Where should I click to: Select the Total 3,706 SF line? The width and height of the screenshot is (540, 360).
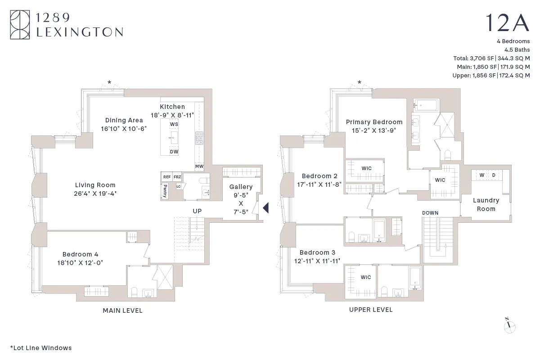[x=491, y=58]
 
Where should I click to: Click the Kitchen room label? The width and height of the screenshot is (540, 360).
[x=172, y=107]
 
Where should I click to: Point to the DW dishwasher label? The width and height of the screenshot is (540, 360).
[x=174, y=152]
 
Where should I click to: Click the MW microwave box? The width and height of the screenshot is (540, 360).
[x=199, y=166]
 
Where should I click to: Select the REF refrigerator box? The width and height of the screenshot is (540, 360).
[x=167, y=177]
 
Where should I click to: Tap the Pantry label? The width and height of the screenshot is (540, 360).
[x=165, y=191]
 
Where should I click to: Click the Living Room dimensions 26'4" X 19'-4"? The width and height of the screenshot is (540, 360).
[x=95, y=193]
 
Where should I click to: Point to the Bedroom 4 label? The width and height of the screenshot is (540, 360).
[x=80, y=254]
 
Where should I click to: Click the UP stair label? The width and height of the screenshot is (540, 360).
[x=197, y=211]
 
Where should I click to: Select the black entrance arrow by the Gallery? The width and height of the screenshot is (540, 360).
[x=265, y=207]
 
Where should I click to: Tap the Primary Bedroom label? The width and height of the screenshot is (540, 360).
[x=374, y=122]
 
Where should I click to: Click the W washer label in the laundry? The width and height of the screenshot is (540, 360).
[x=481, y=175]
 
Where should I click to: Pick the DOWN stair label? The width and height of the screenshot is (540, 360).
[x=430, y=213]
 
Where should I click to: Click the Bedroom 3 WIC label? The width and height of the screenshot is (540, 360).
[x=366, y=277]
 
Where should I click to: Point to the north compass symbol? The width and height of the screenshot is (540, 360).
[x=509, y=326]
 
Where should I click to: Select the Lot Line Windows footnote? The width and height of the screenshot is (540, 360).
[x=40, y=347]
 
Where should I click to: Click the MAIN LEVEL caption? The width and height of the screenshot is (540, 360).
[x=122, y=310]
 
